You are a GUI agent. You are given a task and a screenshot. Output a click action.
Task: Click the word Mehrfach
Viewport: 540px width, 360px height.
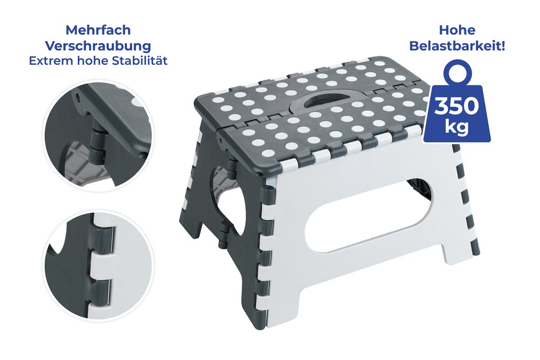(x=98, y=30)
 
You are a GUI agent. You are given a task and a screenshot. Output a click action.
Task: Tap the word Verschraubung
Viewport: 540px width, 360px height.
(x=98, y=46)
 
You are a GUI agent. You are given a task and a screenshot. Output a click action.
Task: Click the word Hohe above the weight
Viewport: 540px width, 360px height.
(x=457, y=30)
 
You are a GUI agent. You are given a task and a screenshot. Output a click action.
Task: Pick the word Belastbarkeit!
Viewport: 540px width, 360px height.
(x=457, y=46)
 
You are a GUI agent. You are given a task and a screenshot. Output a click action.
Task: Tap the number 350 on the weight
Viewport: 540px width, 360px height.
(x=457, y=106)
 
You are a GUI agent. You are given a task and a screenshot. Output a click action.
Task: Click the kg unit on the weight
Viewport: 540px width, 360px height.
(x=457, y=129)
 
